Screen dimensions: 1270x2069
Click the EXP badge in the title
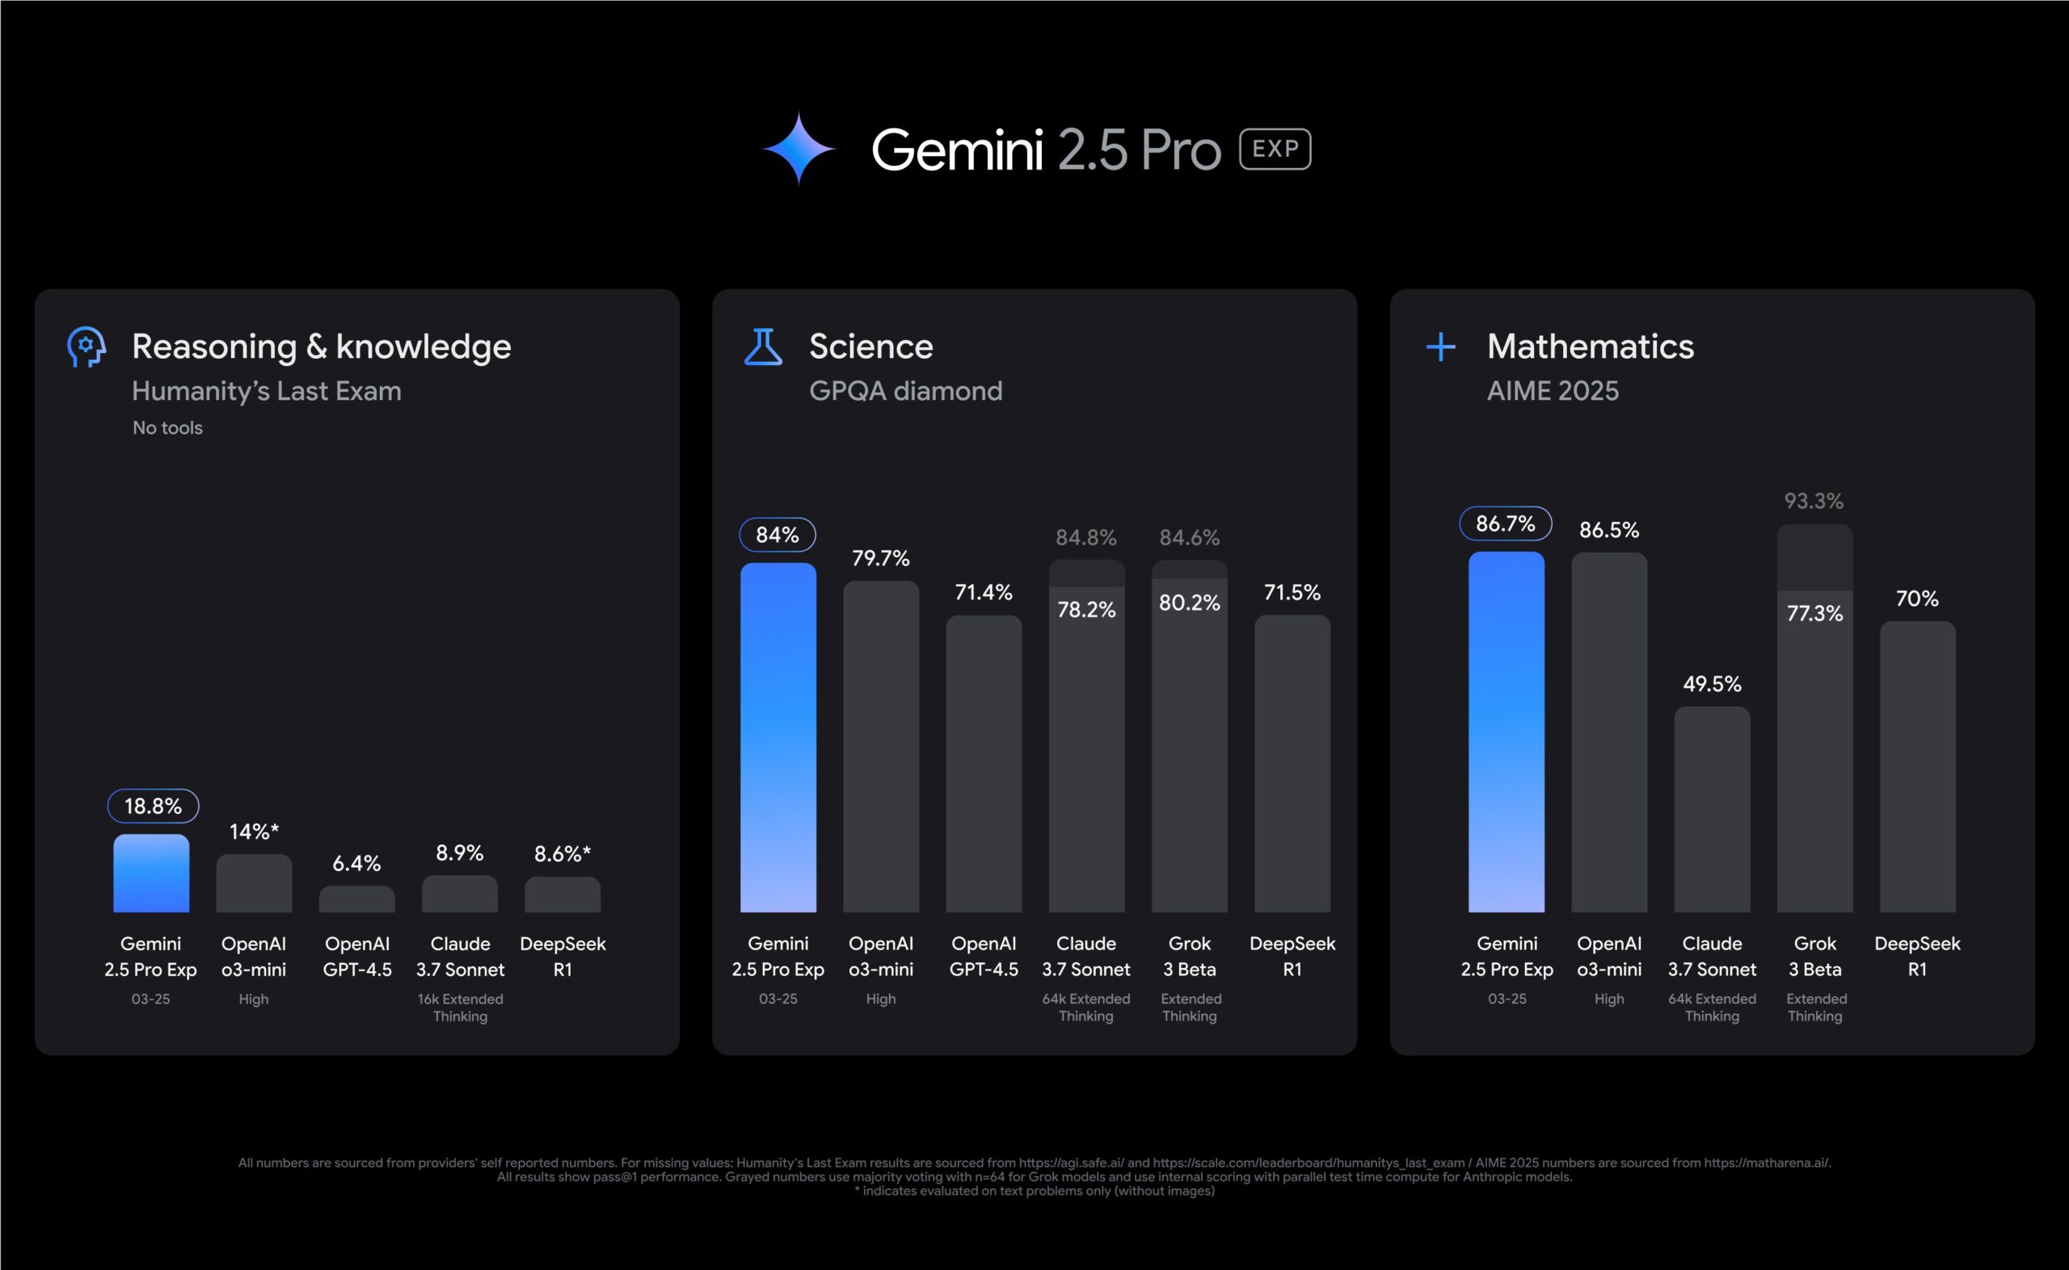[1275, 149]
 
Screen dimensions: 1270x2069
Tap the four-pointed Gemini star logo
[798, 149]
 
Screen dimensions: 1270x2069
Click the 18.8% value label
[153, 806]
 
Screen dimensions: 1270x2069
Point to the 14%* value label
[254, 832]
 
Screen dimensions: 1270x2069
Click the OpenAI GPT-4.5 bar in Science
[984, 764]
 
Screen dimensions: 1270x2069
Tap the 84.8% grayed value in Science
[1085, 537]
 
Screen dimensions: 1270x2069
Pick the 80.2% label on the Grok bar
[1189, 603]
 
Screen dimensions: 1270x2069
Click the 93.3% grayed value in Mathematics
[1814, 502]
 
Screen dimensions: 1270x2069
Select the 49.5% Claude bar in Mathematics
[1711, 810]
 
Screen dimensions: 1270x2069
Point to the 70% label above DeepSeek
[1917, 599]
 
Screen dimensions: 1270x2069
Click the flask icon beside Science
[763, 347]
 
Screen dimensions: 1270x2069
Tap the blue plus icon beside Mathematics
[1441, 347]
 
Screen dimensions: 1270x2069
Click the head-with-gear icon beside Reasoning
[86, 347]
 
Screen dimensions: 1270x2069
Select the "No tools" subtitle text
[167, 428]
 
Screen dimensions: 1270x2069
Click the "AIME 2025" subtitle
[1553, 391]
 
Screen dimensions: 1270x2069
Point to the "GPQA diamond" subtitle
[905, 391]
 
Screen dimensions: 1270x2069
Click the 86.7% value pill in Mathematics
[1506, 524]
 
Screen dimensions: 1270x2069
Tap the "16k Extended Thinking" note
[460, 1007]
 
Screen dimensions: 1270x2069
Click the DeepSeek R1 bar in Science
[1292, 764]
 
